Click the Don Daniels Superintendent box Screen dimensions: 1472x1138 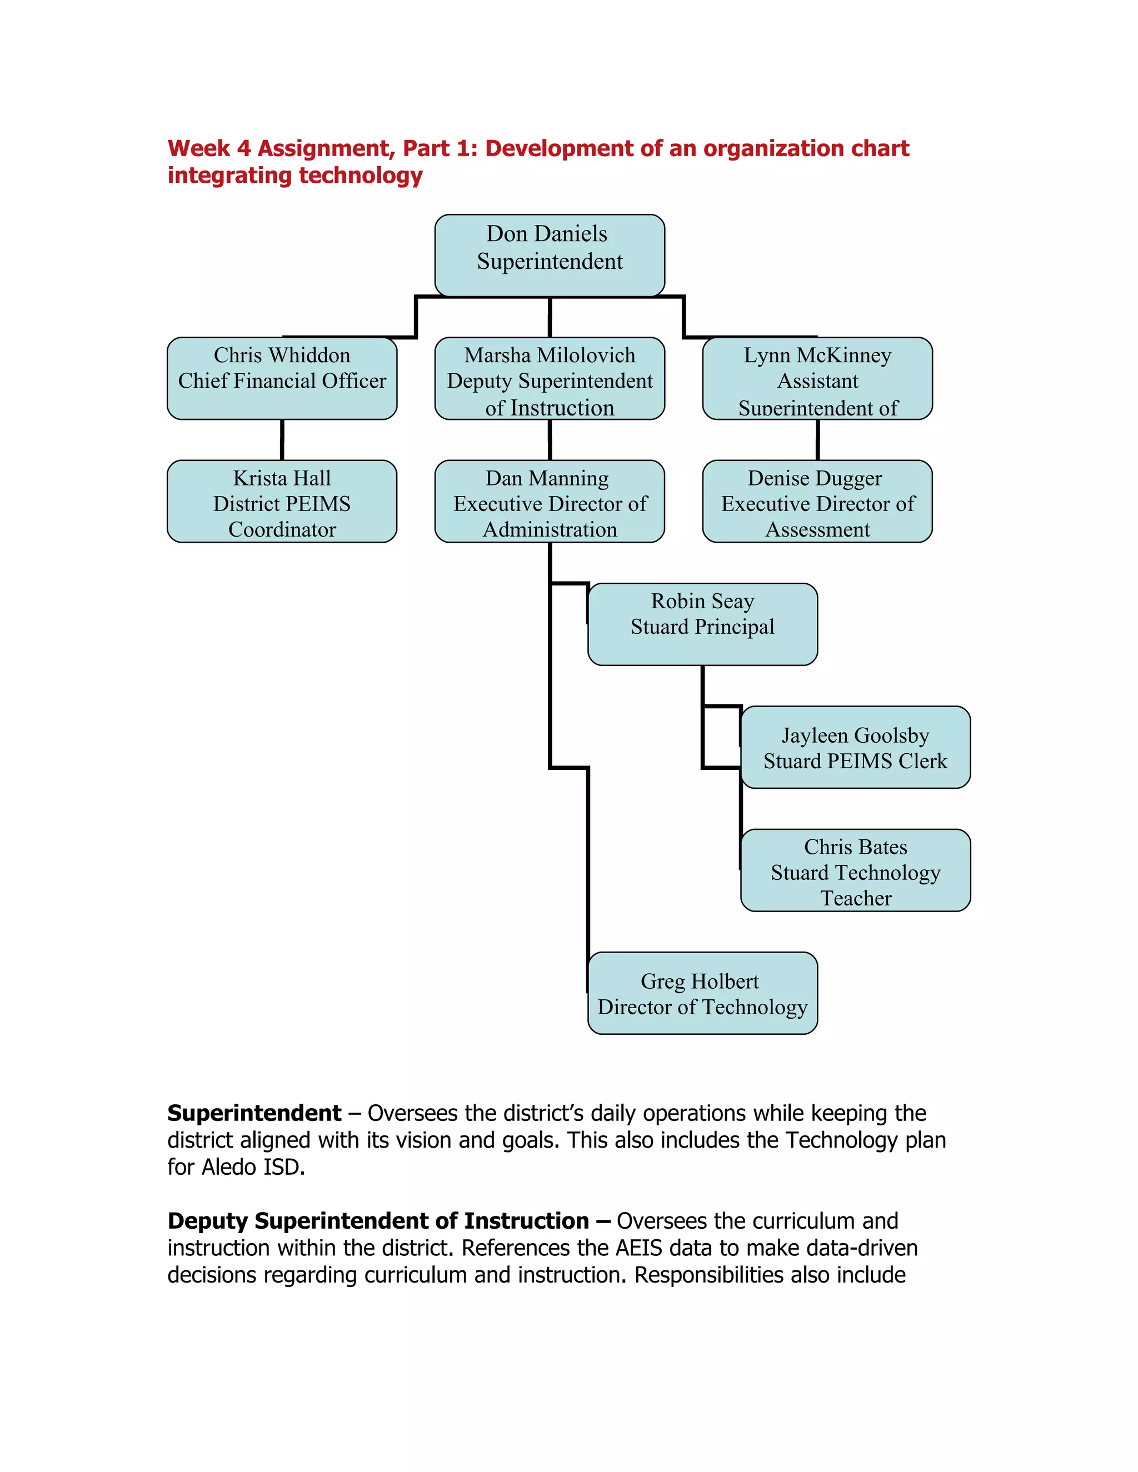550,255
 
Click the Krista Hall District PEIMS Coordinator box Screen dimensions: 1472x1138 282,502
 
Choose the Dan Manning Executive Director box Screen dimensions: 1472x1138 550,502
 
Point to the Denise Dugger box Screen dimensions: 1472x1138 817,502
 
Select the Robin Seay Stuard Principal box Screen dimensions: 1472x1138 702,624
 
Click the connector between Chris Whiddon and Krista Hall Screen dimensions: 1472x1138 282,440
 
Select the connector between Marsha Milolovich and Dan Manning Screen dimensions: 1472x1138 550,440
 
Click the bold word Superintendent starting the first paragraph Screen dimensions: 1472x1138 254,1113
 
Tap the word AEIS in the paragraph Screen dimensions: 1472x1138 638,1248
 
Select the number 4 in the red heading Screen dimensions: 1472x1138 243,148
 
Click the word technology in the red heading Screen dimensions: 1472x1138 360,175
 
